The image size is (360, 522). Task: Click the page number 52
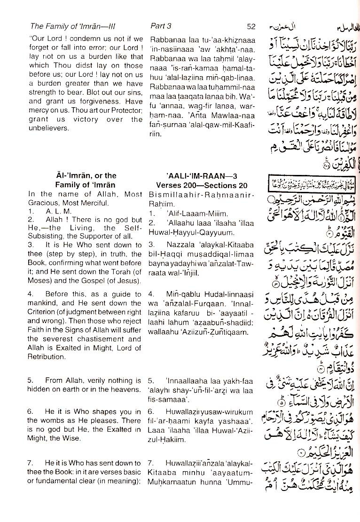[251, 27]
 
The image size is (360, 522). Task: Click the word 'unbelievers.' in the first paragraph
[47, 128]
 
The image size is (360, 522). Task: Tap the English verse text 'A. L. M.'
[57, 212]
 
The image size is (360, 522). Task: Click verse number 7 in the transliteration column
[150, 463]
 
